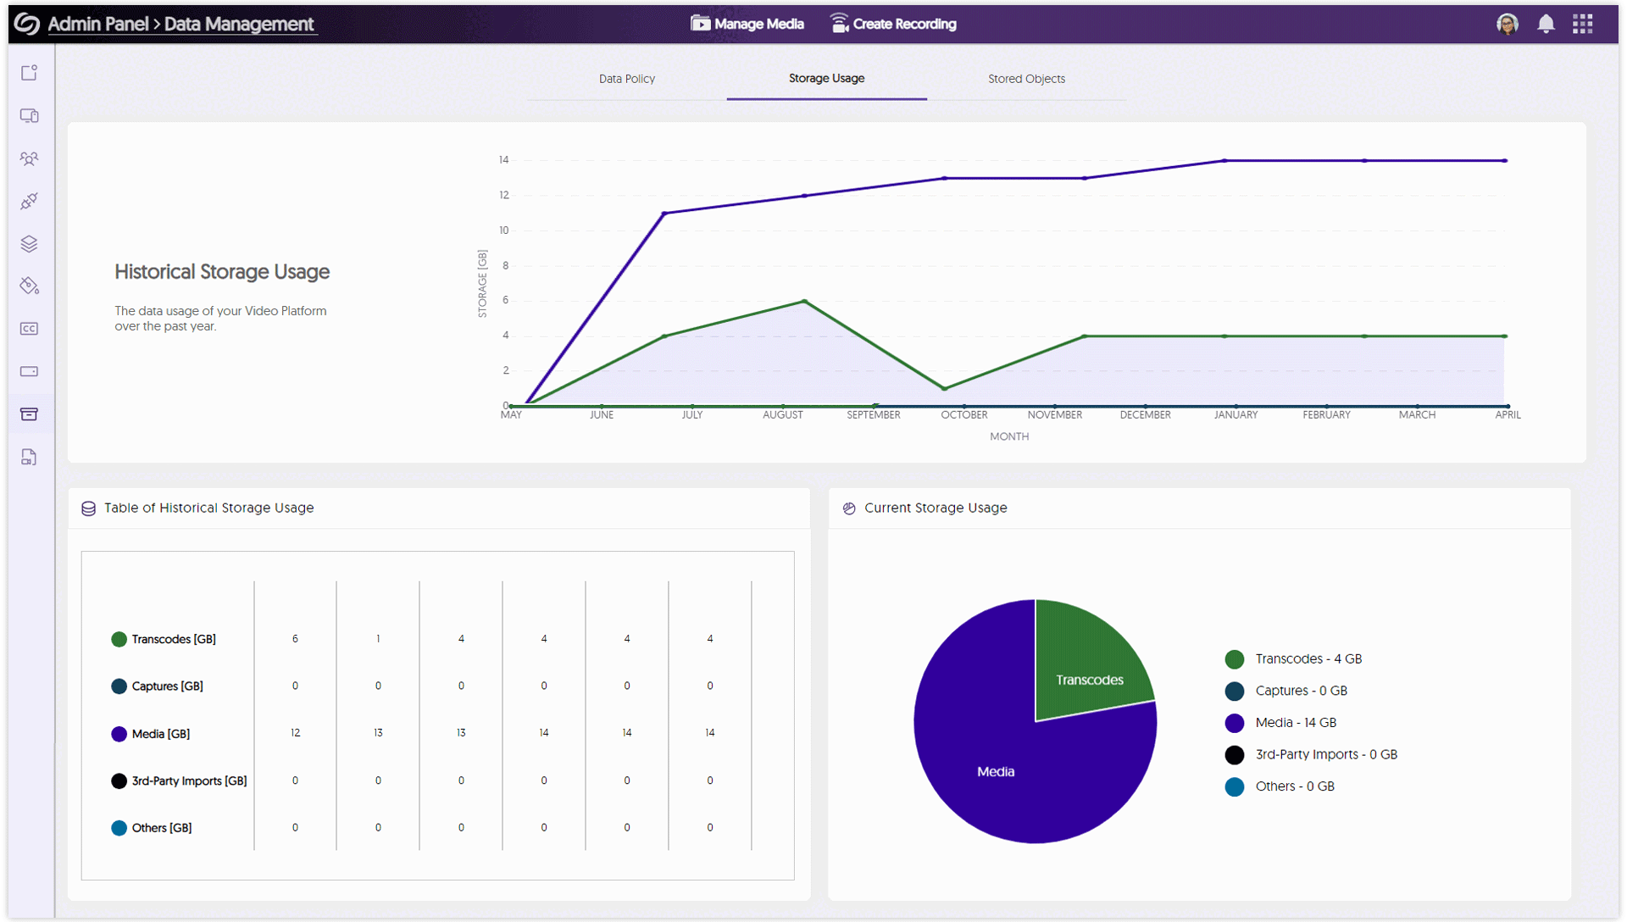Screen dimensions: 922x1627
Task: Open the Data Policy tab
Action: [x=627, y=79]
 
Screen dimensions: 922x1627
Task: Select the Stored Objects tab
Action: [x=1026, y=79]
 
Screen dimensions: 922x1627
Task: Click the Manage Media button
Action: [x=747, y=24]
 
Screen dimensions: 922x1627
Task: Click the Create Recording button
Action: [x=893, y=24]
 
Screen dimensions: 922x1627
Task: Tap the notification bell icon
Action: [x=1546, y=24]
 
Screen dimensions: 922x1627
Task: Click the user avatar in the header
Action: [x=1507, y=24]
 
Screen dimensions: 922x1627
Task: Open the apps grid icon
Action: [x=1582, y=24]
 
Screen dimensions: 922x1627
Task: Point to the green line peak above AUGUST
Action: [x=804, y=301]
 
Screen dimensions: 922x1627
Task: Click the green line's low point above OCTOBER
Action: [x=944, y=389]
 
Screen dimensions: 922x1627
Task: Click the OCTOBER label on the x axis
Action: [x=963, y=415]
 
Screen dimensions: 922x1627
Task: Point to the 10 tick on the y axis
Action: [x=504, y=230]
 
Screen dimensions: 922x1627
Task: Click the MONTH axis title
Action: [x=1008, y=436]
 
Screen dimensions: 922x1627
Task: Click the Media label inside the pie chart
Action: [x=996, y=771]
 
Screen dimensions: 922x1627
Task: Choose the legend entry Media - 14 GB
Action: [x=1295, y=723]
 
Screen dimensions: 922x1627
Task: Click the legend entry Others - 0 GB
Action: [x=1294, y=786]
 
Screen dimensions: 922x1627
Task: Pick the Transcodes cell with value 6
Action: [x=295, y=639]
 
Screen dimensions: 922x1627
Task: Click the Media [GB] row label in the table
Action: [x=160, y=734]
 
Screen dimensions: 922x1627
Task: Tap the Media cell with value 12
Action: [x=295, y=733]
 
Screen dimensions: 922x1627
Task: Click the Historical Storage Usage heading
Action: [x=222, y=272]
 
